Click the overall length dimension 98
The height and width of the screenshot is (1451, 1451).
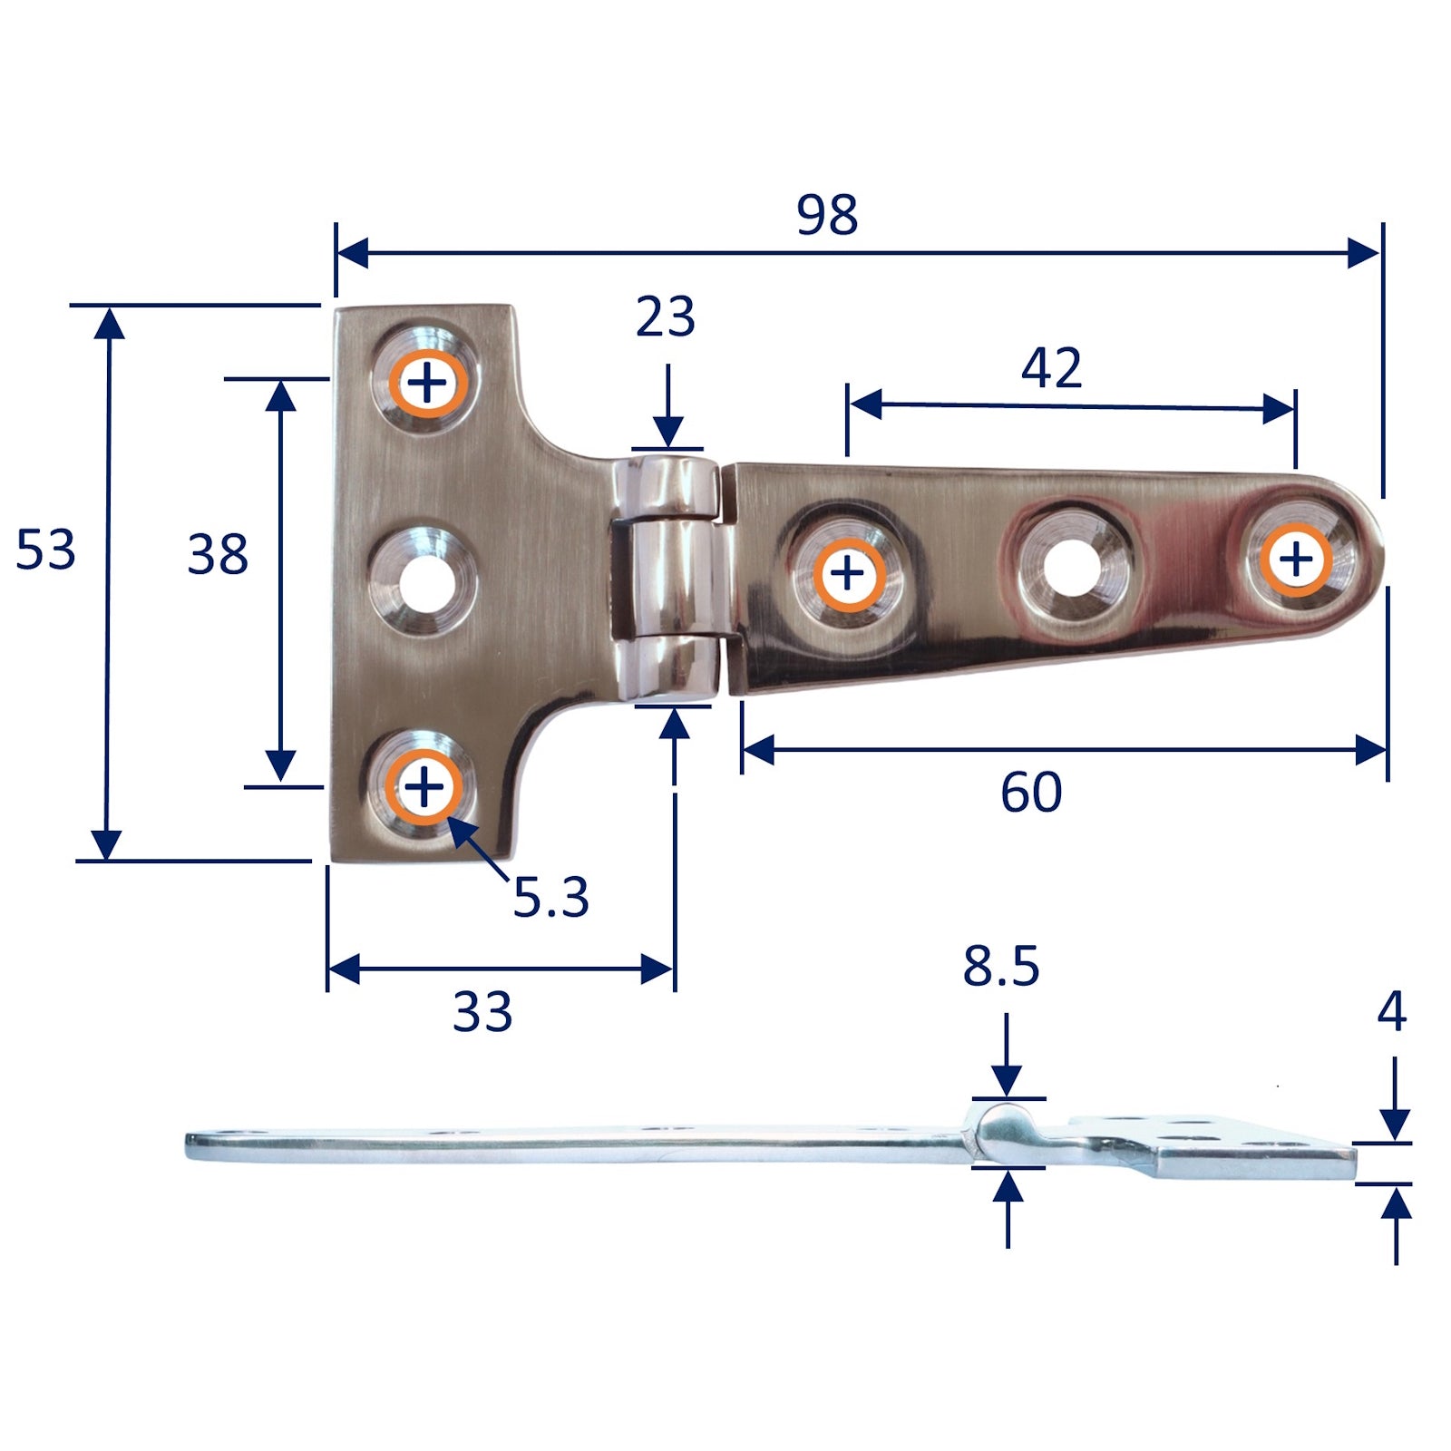click(827, 215)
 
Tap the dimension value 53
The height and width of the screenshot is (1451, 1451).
click(45, 550)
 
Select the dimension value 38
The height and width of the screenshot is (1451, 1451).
click(218, 554)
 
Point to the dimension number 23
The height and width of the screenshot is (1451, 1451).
click(665, 316)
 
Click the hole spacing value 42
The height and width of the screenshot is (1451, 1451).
click(1051, 367)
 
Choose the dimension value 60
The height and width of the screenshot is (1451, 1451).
click(1031, 792)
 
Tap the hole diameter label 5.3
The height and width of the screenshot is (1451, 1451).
click(551, 897)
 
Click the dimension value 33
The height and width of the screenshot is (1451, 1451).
click(482, 1012)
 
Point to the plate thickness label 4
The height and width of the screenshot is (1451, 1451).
click(1391, 1011)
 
